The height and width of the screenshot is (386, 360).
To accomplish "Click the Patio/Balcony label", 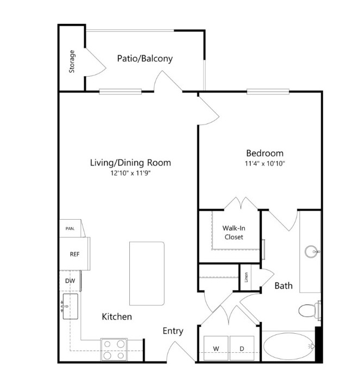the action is pos(145,59).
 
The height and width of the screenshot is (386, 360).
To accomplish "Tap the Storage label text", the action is pos(72,61).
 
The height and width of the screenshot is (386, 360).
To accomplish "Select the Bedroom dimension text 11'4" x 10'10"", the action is pos(265,164).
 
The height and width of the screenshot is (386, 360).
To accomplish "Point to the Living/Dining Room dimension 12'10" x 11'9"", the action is pos(130,173).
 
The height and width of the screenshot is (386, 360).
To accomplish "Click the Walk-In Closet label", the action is pos(234,233).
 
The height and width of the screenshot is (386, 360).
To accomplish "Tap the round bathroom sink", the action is pos(311,251).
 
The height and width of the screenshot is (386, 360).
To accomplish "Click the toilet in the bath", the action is pos(310,310).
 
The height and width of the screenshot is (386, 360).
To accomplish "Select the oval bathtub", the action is pos(289,346).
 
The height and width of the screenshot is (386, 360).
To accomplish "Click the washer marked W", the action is pos(216,348).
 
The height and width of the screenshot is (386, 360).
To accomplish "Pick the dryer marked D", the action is pos(242,348).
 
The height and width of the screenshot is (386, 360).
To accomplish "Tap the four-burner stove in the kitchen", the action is pos(114,350).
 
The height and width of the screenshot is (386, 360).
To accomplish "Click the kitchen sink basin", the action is pos(71,306).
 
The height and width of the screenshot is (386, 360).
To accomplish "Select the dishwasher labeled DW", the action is pos(70,281).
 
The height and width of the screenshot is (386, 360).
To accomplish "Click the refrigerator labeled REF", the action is pos(75,254).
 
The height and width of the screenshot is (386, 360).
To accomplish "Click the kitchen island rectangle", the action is pos(147,273).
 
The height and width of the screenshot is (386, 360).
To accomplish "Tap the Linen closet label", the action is pos(246,277).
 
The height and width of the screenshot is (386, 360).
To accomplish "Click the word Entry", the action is pos(173,331).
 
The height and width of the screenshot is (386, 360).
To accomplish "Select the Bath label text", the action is pos(283,286).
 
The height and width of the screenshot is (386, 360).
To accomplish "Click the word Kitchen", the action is pos(117,316).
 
